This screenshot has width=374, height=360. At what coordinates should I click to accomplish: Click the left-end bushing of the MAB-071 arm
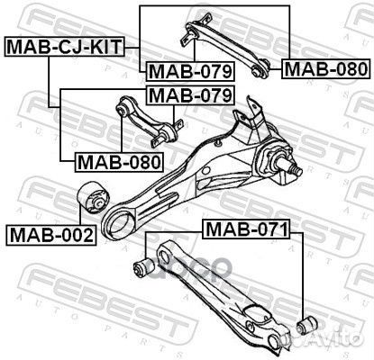141,266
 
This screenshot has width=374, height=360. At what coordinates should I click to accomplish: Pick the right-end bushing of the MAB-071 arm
305,321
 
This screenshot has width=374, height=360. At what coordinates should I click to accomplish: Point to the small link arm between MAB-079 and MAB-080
147,125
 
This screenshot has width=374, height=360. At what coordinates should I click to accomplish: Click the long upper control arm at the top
226,46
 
